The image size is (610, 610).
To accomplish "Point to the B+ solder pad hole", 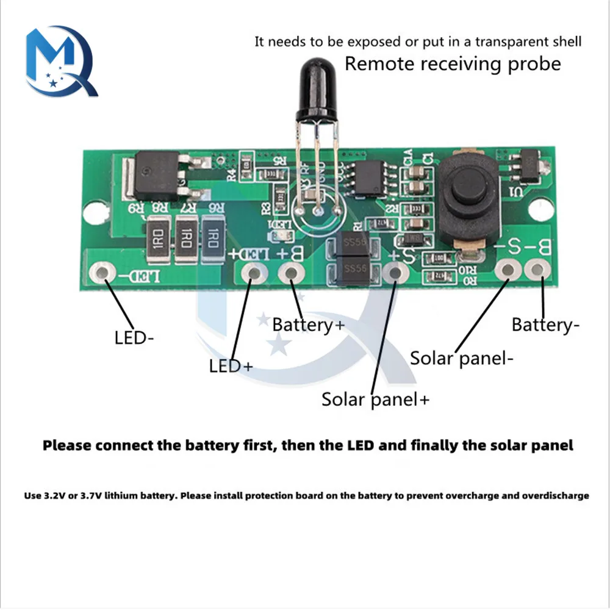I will tap(291, 273).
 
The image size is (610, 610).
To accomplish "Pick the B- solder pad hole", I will tap(537, 270).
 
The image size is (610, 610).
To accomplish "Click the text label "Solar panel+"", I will tap(376, 400).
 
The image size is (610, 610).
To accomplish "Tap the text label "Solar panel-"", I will tap(461, 358).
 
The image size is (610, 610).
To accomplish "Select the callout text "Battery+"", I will tap(309, 325).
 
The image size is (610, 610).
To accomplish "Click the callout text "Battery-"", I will tap(545, 325).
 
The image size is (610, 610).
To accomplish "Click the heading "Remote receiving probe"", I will tap(453, 64).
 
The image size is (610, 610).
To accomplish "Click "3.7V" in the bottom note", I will tap(90, 496).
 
